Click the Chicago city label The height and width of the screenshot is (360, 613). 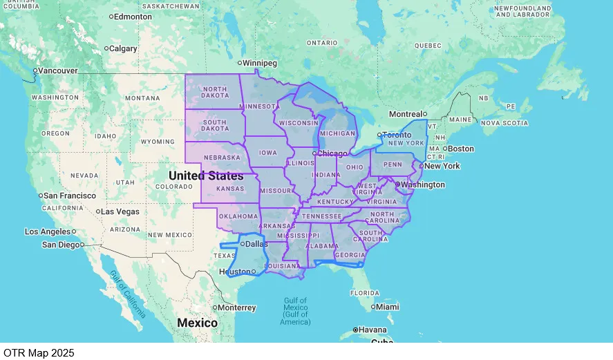coord(333,153)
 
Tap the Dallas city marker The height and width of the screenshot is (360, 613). coord(243,243)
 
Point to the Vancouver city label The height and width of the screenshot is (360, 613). coord(57,70)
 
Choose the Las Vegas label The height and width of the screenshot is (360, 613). coord(121,211)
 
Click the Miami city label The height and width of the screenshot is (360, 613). coord(388,307)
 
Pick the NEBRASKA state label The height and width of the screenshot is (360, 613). coord(222,158)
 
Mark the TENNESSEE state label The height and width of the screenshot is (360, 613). coord(321,216)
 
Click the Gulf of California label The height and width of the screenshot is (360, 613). coord(129,293)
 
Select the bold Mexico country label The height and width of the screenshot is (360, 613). coord(197,323)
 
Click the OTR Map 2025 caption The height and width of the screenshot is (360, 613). coord(37,352)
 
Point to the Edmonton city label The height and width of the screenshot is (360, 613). coord(132,16)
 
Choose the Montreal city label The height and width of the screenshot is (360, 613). coord(406,114)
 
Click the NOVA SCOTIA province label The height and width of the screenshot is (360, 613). coord(504,123)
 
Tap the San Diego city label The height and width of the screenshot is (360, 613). coord(60,245)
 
